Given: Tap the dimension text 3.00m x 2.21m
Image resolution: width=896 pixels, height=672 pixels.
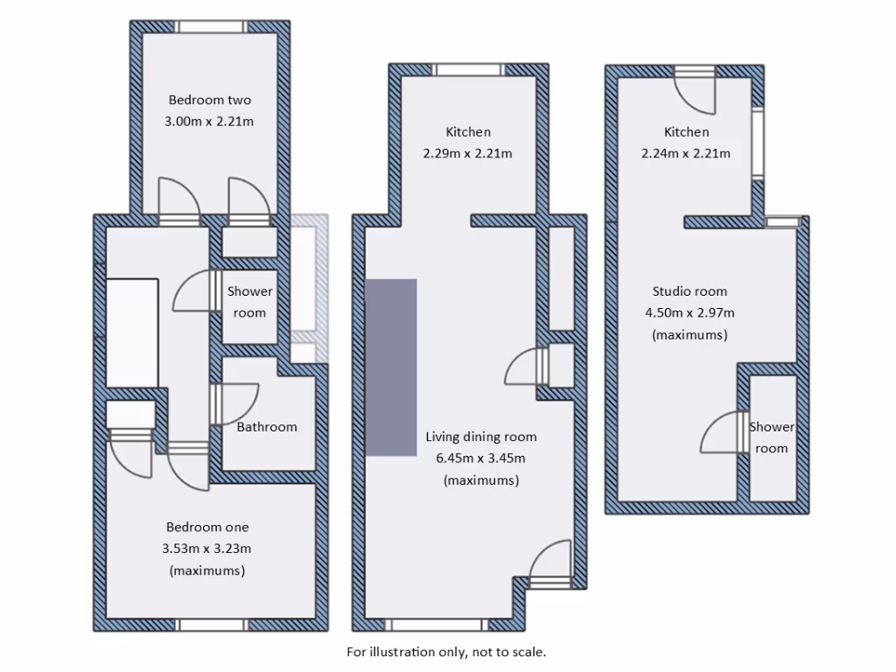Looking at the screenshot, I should click(209, 122).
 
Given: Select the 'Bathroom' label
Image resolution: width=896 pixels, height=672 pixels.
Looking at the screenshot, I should click(267, 427).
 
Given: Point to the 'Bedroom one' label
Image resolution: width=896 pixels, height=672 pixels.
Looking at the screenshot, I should click(207, 527).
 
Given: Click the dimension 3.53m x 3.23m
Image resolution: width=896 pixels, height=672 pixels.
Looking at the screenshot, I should click(207, 549).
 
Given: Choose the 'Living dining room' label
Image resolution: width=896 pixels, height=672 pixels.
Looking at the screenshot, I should click(480, 437).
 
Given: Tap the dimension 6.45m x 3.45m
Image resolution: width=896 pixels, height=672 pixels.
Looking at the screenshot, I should click(480, 458).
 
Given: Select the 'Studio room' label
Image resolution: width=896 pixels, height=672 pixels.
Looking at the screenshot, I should click(689, 291).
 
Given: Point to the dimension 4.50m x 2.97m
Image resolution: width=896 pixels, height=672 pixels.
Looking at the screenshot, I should click(689, 312).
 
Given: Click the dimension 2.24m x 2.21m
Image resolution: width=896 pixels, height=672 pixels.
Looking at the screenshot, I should click(687, 153).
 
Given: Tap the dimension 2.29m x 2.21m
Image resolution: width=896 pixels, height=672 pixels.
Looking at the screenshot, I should click(468, 153).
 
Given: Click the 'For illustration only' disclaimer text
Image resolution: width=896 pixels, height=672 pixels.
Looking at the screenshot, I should click(446, 652).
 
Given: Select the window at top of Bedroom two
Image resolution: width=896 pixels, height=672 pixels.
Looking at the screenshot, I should click(211, 27).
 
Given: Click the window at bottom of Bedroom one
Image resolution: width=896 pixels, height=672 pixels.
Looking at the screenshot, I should click(213, 624).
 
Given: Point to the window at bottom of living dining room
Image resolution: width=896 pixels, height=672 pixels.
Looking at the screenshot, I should click(434, 624).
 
